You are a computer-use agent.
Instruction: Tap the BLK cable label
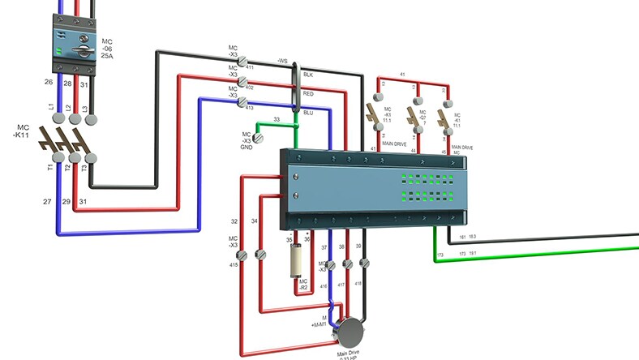[308, 74]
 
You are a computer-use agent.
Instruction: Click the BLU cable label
[308, 113]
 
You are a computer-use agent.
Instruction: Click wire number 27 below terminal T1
[47, 200]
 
